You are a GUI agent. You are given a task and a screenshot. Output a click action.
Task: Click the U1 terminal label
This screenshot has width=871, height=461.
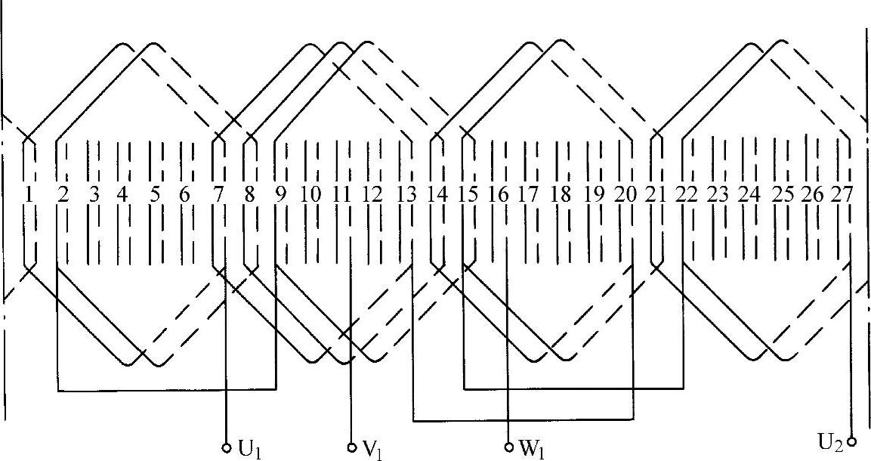(x=249, y=449)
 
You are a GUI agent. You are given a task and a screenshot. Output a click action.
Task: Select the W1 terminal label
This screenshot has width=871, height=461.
(x=532, y=449)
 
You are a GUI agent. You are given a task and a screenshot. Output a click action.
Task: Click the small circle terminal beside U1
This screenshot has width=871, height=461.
(x=227, y=448)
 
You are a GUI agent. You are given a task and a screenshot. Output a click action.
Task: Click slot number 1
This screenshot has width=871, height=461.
(x=29, y=194)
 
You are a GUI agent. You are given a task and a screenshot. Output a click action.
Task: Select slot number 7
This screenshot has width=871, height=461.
(x=219, y=194)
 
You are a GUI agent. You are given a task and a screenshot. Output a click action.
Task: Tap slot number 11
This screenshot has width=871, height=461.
(x=342, y=194)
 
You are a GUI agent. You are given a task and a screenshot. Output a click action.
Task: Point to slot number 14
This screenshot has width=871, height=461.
(x=437, y=194)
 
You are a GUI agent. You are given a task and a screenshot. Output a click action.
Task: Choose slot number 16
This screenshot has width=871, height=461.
(x=499, y=194)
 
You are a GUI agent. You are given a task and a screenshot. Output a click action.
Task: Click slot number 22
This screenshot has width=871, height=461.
(x=687, y=194)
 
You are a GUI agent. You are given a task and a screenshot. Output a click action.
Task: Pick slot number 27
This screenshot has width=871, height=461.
(x=842, y=194)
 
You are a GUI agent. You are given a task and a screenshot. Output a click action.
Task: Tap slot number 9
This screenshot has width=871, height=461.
(x=280, y=194)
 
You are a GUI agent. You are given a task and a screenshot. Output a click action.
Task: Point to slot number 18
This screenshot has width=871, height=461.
(x=561, y=194)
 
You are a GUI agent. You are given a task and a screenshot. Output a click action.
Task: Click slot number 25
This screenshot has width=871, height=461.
(x=783, y=194)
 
